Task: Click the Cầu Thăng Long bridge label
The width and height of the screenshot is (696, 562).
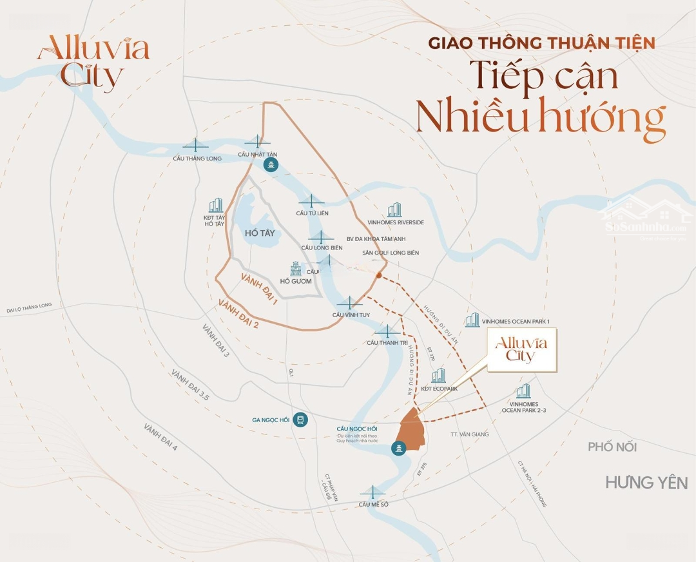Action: pos(197,159)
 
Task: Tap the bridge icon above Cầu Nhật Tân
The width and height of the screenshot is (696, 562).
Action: pos(257,142)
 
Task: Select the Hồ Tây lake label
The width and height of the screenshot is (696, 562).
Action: pos(260,233)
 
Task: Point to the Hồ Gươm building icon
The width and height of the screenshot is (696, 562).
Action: pos(296,268)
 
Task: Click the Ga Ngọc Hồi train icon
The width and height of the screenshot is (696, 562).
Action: pos(300,421)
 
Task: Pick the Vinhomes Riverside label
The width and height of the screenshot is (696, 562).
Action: pos(396,222)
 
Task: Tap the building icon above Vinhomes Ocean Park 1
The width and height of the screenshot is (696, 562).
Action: pos(472,320)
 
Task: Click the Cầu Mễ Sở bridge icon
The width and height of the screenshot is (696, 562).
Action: pos(374,492)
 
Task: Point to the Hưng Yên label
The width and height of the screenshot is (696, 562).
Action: pos(646,482)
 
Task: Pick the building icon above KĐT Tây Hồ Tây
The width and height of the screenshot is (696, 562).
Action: pos(215,205)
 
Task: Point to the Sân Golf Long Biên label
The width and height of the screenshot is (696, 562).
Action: pos(391,253)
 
